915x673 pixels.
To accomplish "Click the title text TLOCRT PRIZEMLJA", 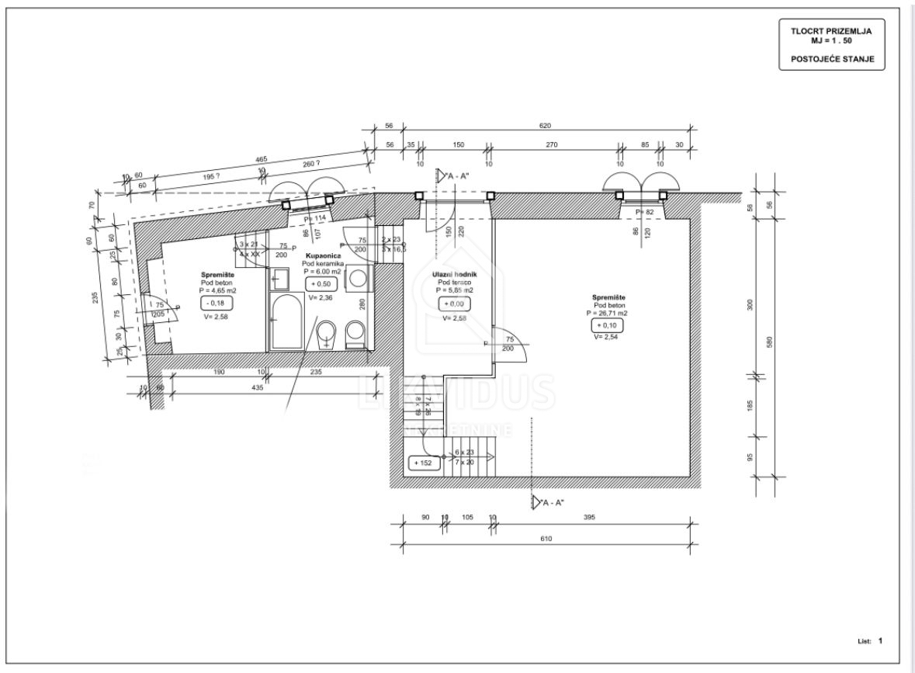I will pyautogui.click(x=831, y=31).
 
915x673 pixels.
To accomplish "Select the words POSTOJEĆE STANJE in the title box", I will pyautogui.click(x=831, y=58).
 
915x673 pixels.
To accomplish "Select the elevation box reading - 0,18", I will pyautogui.click(x=215, y=304).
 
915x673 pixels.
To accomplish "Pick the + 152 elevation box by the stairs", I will pyautogui.click(x=423, y=463).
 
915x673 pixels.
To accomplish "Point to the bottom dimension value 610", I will pyautogui.click(x=546, y=539).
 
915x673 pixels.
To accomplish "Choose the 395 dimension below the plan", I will pyautogui.click(x=589, y=518).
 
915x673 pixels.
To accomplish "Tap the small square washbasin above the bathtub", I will pyautogui.click(x=278, y=277).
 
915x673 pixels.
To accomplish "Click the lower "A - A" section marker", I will pyautogui.click(x=551, y=503).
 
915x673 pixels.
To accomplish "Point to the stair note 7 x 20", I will pyautogui.click(x=464, y=462).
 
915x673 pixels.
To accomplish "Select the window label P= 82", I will pyautogui.click(x=645, y=212).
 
